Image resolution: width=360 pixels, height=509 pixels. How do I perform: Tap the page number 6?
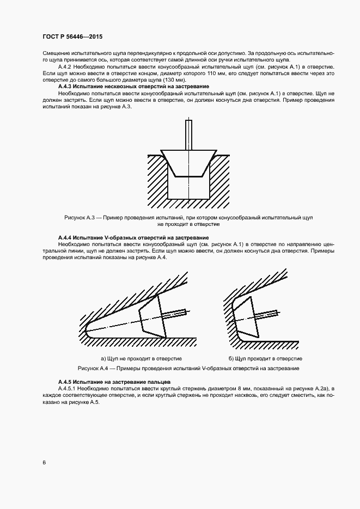coord(44,462)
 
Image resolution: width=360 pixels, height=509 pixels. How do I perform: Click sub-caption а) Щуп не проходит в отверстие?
coord(141,359)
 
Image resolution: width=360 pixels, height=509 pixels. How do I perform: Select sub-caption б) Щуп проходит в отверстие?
coord(265,359)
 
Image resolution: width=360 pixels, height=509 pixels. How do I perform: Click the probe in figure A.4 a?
coord(152,317)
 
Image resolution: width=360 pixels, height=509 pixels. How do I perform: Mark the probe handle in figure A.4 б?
coord(268,315)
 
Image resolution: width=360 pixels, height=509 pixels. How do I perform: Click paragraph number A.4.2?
coord(66,66)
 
